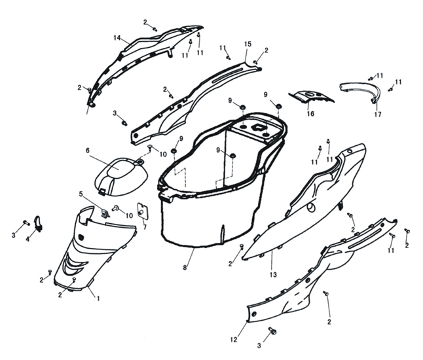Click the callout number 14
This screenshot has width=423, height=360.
click(x=117, y=39)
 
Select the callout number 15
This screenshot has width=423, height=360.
click(x=248, y=44)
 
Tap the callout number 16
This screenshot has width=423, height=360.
click(x=310, y=114)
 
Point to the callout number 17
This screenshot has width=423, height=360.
click(x=378, y=115)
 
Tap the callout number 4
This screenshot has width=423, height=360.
click(x=28, y=239)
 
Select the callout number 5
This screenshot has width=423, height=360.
click(x=81, y=194)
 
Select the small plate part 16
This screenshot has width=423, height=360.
click(x=312, y=97)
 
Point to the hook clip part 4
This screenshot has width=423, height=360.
click(x=39, y=223)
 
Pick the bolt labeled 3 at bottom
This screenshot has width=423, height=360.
click(x=273, y=331)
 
